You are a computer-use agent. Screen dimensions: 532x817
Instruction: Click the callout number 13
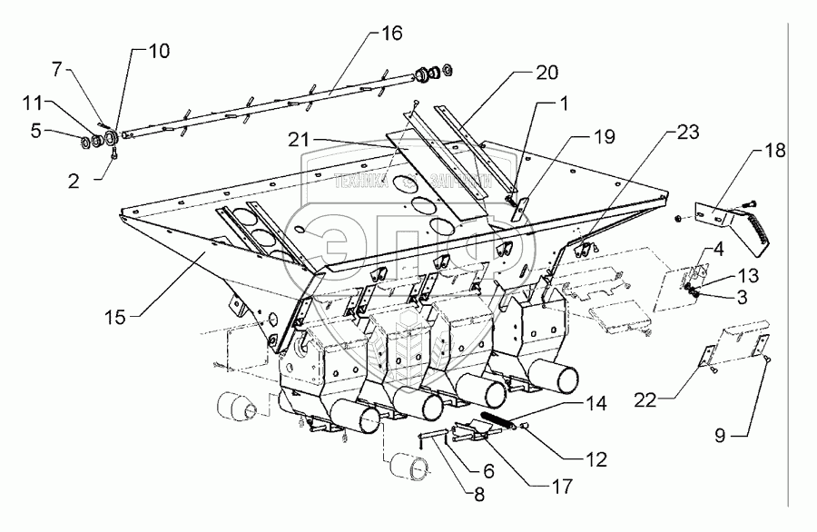coord(743,276)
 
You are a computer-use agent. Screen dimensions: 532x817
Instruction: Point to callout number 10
coord(159,52)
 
